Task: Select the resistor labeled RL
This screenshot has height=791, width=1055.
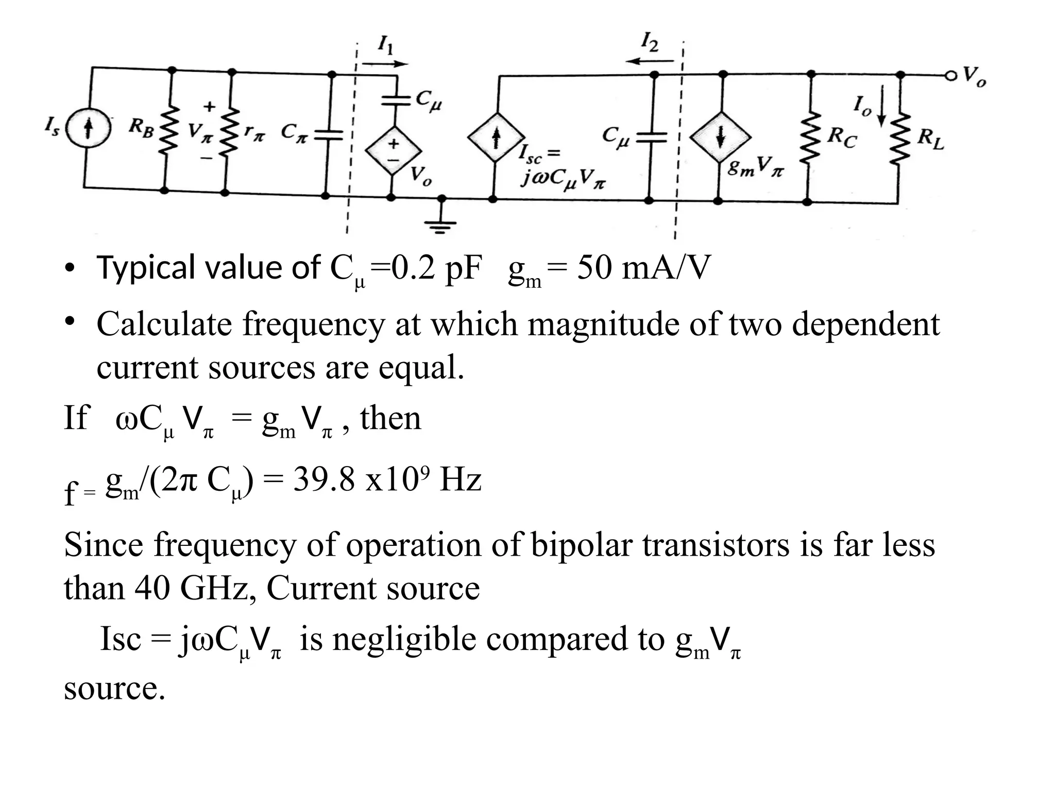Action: pos(900,138)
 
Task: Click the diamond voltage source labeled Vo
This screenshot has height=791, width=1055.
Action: pos(393,151)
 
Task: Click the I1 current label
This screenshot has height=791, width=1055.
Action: pos(385,45)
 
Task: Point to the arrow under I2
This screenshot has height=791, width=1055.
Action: pos(650,61)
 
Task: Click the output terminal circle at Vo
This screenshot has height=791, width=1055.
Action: pos(949,76)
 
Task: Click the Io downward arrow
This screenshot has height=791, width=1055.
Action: pos(881,106)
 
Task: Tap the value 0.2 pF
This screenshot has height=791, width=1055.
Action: pos(436,268)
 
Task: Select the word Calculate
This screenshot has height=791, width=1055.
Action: pos(163,325)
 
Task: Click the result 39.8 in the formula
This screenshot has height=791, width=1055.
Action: pos(324,480)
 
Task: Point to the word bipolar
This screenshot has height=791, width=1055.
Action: pos(581,545)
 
